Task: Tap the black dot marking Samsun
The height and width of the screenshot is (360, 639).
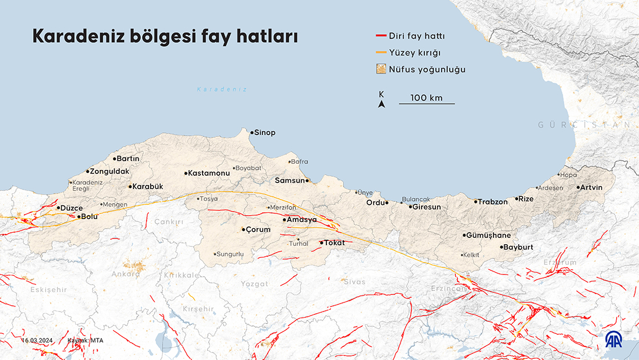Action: click(308, 181)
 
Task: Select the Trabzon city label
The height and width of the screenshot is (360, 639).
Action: click(493, 202)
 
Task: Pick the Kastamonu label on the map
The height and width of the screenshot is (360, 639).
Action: click(209, 173)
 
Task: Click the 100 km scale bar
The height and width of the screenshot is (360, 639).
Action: click(427, 104)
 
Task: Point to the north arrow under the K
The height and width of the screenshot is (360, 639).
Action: click(382, 104)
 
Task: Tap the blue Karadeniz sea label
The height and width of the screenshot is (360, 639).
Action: click(221, 90)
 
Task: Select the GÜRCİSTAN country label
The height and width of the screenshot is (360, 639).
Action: click(588, 124)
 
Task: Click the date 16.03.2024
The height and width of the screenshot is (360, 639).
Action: click(37, 341)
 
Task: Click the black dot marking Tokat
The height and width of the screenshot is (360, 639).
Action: click(321, 243)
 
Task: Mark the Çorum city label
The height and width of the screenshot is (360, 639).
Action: click(257, 230)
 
